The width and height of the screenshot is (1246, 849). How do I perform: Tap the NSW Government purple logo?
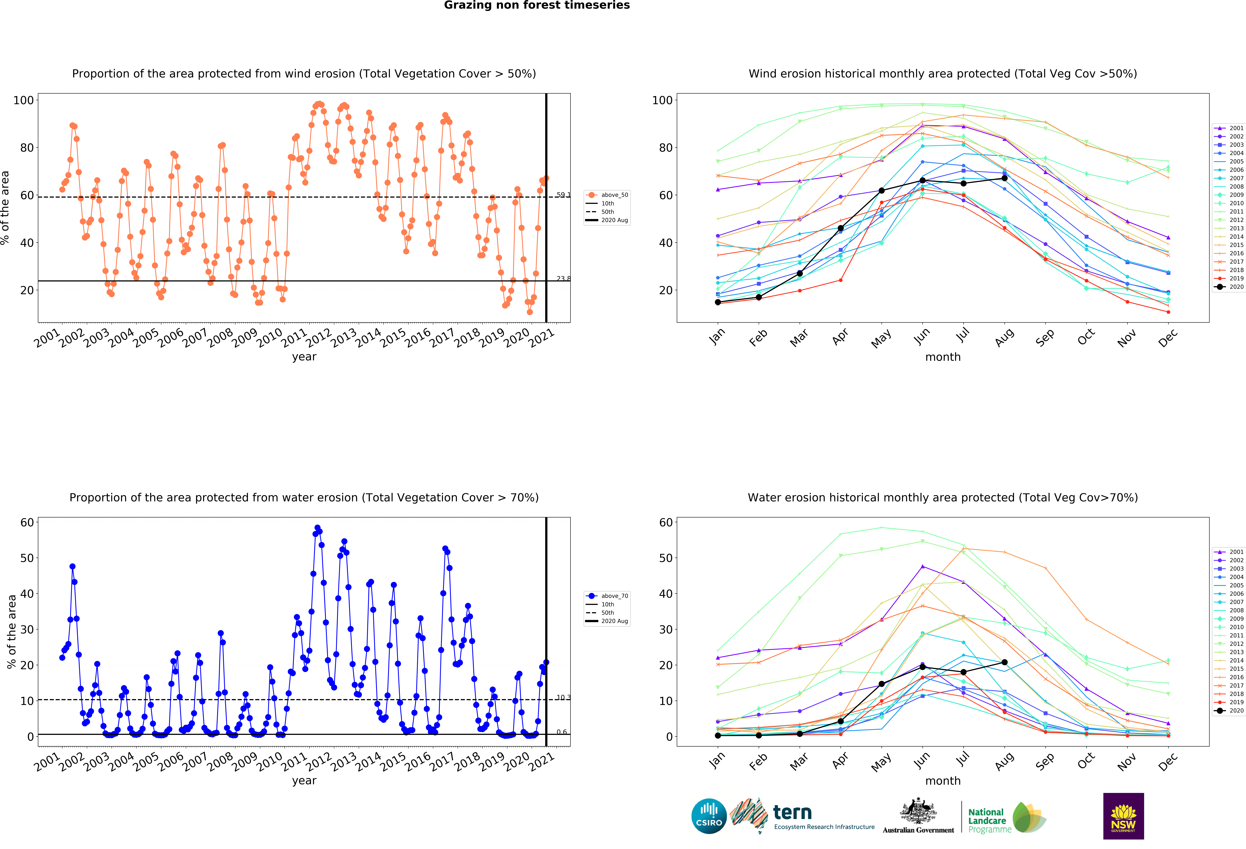1123,816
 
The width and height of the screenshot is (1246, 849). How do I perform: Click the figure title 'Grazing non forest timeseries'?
537,5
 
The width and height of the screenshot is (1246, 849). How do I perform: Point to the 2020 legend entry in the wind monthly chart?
1229,287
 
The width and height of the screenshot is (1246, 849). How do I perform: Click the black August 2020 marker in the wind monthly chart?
1004,178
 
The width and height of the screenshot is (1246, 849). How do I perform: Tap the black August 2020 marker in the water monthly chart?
1004,662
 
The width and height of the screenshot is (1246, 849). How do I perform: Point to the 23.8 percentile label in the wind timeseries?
563,279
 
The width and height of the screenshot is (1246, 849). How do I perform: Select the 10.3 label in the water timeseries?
563,697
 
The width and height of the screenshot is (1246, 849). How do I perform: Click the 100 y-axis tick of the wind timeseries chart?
24,100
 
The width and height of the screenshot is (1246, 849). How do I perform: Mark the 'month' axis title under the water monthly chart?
943,781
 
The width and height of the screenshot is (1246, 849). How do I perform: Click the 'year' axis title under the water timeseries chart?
304,781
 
